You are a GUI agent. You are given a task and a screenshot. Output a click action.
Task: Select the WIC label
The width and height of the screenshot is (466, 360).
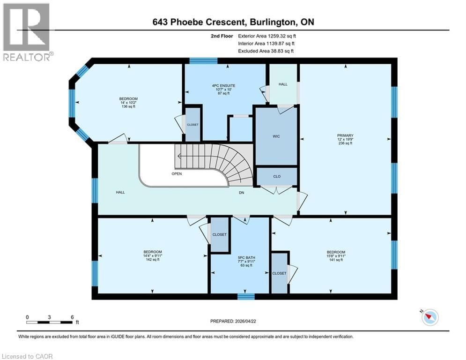click(x=276, y=137)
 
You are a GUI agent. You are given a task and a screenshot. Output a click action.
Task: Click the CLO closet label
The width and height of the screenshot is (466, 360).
click(x=276, y=177)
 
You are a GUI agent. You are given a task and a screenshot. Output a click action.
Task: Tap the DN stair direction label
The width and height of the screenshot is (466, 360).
click(x=242, y=192)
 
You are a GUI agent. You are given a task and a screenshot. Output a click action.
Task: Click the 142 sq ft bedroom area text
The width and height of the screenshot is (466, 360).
click(x=152, y=260)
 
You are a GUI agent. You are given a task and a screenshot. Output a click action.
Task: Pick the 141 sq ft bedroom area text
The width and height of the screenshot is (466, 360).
click(x=336, y=260)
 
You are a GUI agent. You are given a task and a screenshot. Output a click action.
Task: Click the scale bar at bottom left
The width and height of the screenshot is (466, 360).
click(x=50, y=322)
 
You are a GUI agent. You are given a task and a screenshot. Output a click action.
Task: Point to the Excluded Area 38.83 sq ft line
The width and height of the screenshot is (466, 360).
click(x=266, y=51)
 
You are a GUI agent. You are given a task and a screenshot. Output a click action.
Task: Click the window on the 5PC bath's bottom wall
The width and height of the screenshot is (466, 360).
click(x=245, y=296)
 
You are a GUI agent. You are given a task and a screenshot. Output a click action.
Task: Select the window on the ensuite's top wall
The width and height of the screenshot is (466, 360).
click(x=203, y=60)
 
